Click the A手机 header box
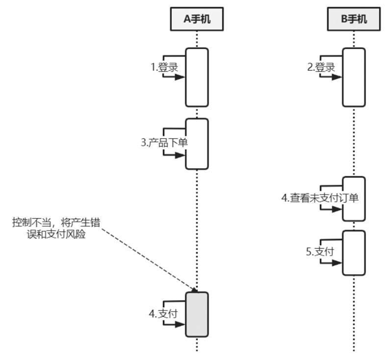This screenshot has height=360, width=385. tap(196, 19)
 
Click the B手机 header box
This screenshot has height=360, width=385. tap(353, 19)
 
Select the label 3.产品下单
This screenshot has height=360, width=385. tap(164, 143)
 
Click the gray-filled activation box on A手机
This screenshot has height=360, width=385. tap(197, 314)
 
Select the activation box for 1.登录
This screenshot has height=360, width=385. tap(197, 77)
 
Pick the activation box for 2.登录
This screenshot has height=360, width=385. tap(354, 77)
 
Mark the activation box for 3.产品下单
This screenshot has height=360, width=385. tap(197, 143)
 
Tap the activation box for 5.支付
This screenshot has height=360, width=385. tap(354, 253)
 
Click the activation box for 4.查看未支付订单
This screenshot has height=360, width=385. tap(354, 199)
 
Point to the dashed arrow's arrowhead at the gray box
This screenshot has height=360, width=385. tap(195, 290)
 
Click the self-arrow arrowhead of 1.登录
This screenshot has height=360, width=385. tap(181, 77)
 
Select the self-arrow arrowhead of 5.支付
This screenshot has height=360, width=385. tap(339, 263)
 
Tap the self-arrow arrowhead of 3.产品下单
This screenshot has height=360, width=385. tap(181, 155)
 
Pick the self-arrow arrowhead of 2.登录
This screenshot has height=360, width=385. tap(339, 77)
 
